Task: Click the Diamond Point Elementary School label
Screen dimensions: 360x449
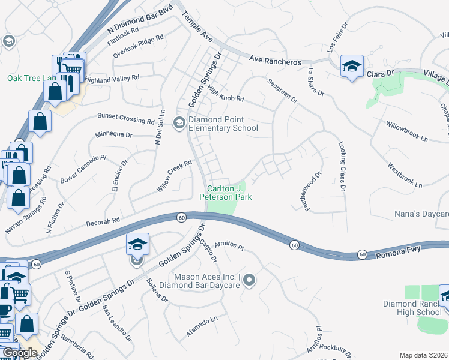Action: tap(223, 124)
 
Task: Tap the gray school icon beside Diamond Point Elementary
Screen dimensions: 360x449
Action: tap(179, 123)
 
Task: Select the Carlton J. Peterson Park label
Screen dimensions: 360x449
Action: tap(225, 193)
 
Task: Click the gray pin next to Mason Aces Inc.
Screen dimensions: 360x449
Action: tap(250, 280)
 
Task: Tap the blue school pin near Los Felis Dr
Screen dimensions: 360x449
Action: tap(351, 65)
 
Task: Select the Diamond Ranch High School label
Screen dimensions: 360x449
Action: tap(412, 308)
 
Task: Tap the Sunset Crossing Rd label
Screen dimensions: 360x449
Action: tap(125, 118)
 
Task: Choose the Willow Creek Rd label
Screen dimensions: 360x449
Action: tap(174, 175)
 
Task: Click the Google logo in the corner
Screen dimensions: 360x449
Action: tap(20, 353)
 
